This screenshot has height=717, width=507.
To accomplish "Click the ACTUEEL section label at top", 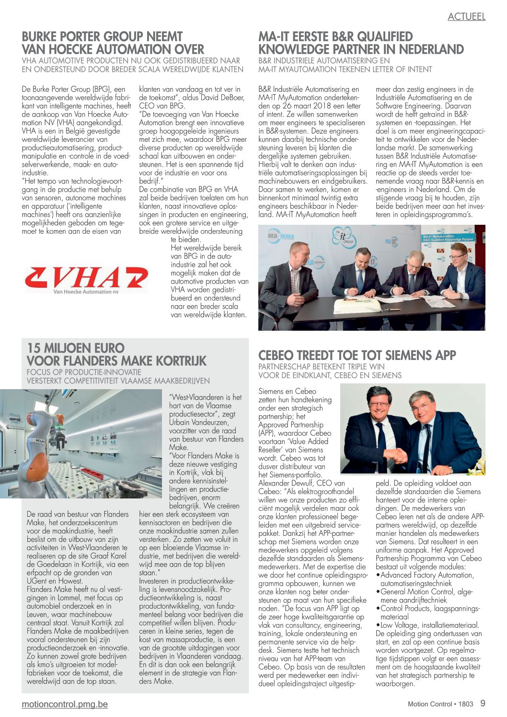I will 466,17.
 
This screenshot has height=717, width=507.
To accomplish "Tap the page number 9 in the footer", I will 483,703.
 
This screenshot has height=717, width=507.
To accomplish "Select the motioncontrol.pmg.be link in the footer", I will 65,704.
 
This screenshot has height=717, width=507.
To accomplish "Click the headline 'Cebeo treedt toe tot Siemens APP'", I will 357,355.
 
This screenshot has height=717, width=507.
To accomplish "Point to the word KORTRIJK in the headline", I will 177,361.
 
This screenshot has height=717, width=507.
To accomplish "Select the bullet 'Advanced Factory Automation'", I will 426,575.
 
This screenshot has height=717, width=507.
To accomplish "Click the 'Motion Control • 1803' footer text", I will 440,704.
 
